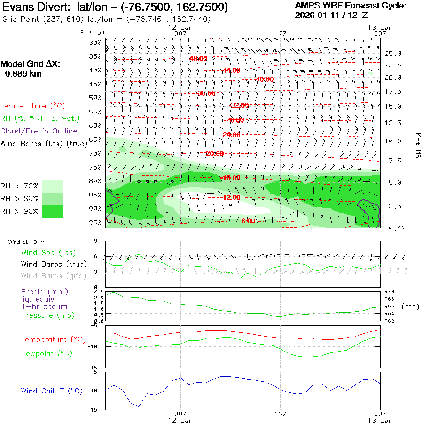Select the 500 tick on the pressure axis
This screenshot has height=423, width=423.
[95, 98]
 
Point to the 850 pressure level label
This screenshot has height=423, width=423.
[95, 195]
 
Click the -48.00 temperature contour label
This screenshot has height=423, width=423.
[197, 59]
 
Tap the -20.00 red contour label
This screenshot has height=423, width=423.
[215, 154]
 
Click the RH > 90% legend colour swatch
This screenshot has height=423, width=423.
[53, 211]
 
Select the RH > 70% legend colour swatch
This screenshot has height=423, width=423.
[53, 186]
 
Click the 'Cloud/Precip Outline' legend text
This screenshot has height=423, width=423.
[39, 131]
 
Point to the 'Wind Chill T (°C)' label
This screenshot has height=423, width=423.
[52, 391]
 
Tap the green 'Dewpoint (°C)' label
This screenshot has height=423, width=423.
[47, 353]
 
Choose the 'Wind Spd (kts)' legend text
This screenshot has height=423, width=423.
[48, 253]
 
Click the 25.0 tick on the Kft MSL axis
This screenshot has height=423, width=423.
[392, 54]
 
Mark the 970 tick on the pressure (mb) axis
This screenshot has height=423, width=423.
[390, 292]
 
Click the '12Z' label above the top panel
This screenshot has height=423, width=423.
[280, 34]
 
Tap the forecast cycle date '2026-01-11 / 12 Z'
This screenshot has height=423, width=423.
[331, 15]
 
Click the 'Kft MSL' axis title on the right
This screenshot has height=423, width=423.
[417, 147]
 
